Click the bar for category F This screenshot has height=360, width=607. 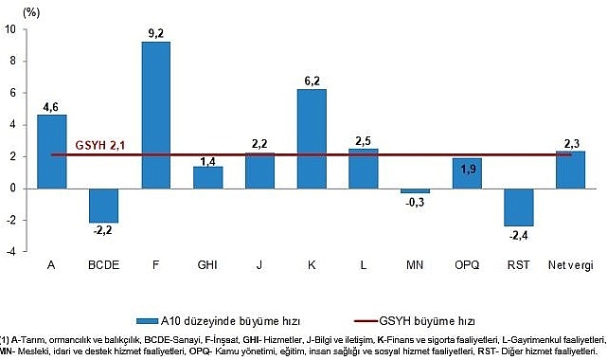point(155,114)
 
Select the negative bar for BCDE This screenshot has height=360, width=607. point(103,205)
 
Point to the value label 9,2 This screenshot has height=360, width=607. point(155,33)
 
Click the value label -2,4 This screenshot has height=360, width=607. point(518,235)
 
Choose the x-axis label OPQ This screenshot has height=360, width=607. point(466,264)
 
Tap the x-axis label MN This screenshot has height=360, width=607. point(414,264)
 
